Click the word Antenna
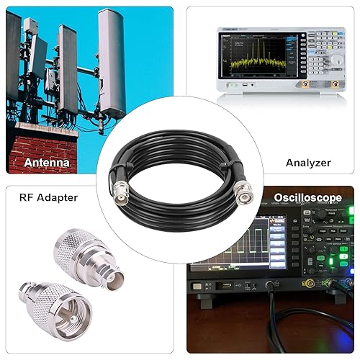pos(47,163)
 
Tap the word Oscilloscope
pos(307,197)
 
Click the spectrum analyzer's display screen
pos(257,58)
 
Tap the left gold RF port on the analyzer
pos(305,84)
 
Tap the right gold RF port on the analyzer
pos(337,84)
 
